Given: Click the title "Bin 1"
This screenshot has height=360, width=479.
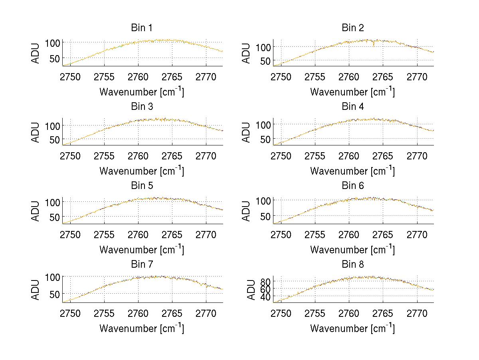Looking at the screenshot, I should click(x=142, y=28).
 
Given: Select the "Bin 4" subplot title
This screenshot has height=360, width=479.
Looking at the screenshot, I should click(x=353, y=107).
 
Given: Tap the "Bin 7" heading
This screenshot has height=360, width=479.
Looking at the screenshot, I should click(x=142, y=265).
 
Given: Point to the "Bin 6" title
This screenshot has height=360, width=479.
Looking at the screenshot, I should click(x=353, y=186).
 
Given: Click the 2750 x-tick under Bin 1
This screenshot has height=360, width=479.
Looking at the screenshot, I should click(x=70, y=77).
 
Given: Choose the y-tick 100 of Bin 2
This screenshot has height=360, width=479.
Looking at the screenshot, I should click(x=263, y=47).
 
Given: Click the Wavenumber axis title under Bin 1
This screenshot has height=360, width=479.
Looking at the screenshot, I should click(x=142, y=91).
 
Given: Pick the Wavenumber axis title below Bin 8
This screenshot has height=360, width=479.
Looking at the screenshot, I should click(x=353, y=328).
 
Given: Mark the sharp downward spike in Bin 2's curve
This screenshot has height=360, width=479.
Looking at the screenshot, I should click(x=374, y=45).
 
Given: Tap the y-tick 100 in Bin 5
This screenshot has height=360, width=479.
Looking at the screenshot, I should click(x=53, y=201).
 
